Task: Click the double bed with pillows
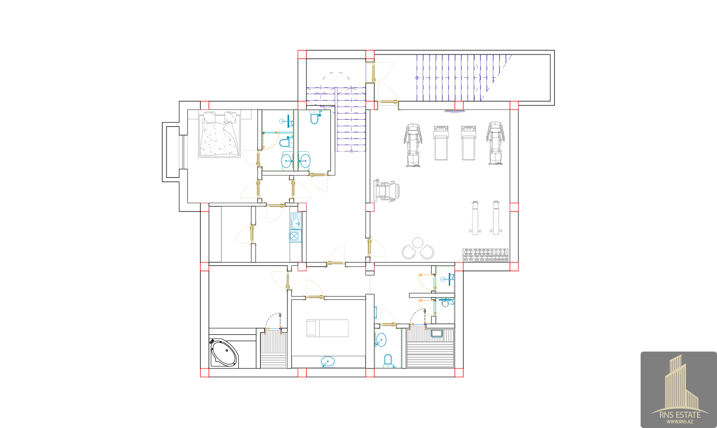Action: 219,135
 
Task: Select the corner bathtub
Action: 224,353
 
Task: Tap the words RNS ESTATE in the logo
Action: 680,415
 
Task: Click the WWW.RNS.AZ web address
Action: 680,422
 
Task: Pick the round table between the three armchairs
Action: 418,243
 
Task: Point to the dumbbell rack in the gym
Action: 486,255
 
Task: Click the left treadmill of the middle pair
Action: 441,143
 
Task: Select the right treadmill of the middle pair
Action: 468,143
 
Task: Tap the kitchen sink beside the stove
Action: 295,221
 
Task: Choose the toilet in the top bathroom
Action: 315,117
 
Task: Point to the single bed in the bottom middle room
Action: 327,328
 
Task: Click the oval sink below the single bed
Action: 328,362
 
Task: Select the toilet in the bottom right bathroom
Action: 388,360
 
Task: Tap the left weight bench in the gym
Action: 475,218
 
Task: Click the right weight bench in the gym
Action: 496,218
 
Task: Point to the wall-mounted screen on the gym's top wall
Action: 455,111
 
